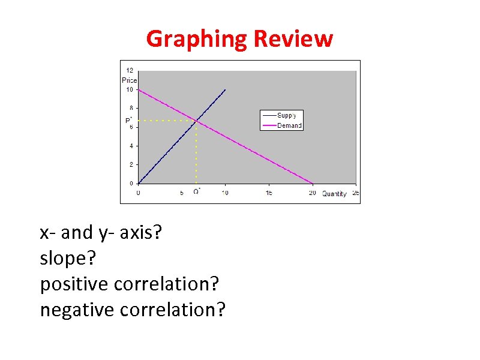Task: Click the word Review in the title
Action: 293,40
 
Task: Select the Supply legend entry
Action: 286,115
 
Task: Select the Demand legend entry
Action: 289,125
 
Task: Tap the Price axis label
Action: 129,80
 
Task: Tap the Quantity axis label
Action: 334,194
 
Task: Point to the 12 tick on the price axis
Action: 129,71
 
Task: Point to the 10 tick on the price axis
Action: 129,89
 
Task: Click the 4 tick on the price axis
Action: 131,146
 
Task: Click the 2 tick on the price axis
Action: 131,164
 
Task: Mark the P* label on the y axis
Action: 128,120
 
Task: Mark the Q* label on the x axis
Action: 196,192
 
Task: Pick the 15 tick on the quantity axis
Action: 268,193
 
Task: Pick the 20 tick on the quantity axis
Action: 312,193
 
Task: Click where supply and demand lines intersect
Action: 196,121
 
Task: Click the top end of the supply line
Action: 225,89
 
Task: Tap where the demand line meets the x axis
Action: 313,183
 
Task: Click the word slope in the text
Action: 64,259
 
